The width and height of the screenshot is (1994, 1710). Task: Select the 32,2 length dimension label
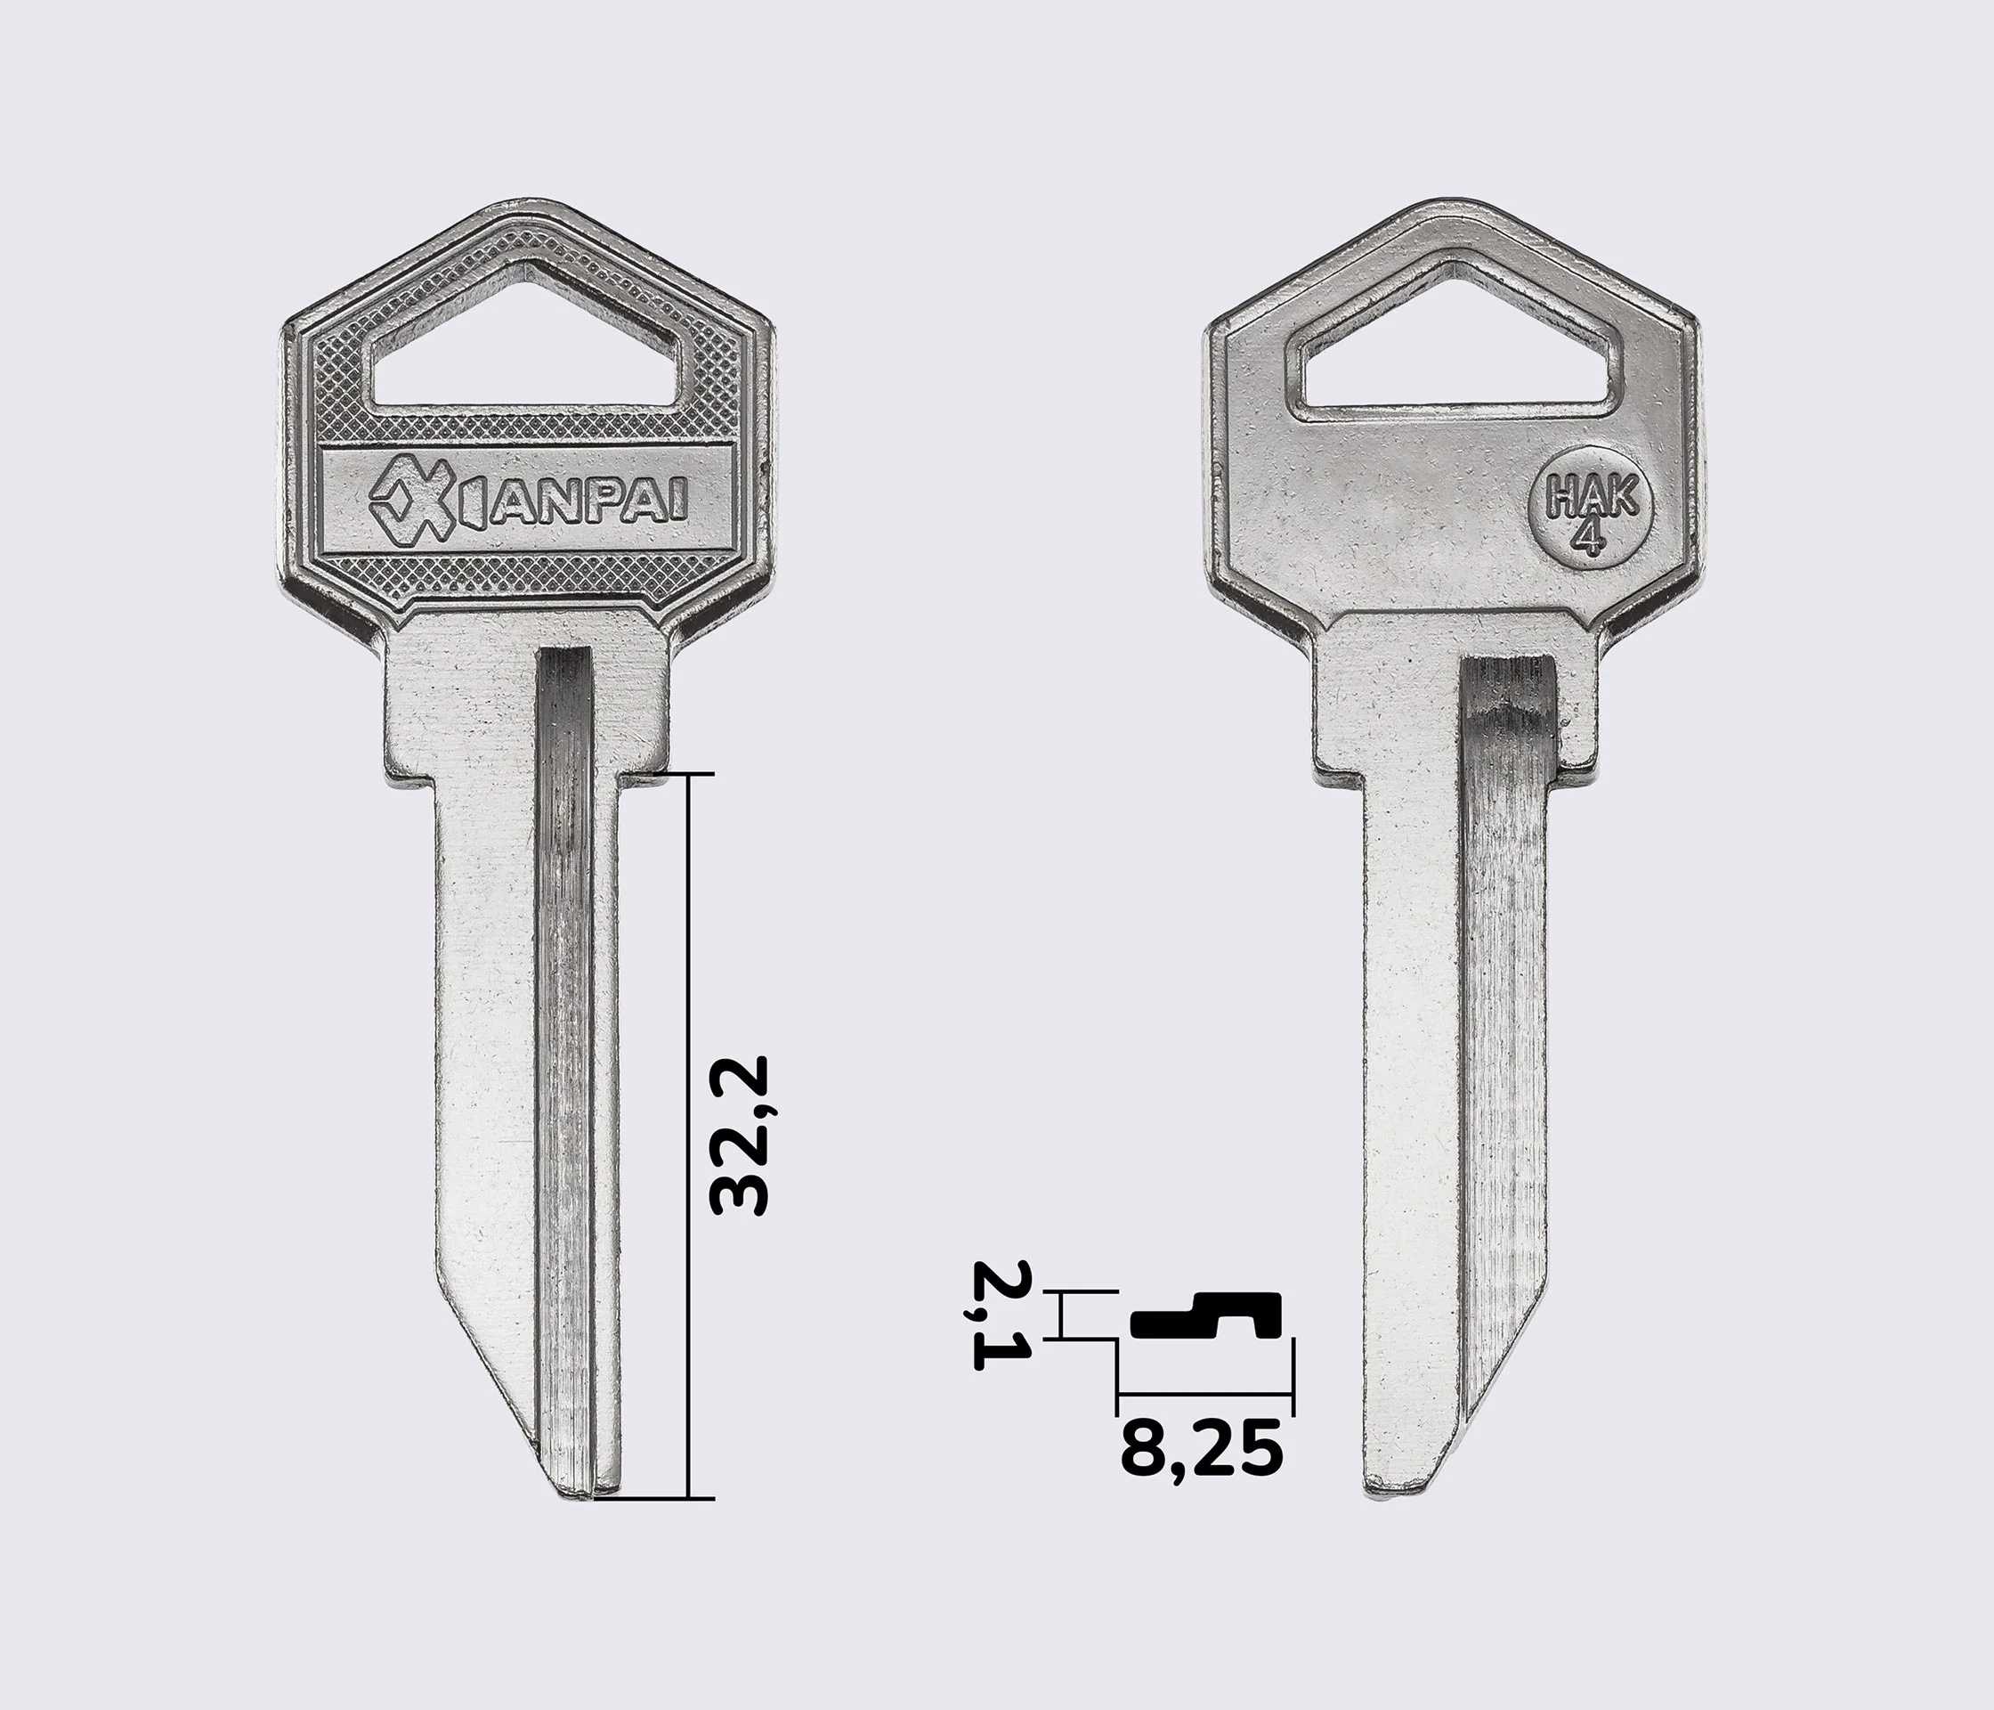tap(739, 1136)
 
